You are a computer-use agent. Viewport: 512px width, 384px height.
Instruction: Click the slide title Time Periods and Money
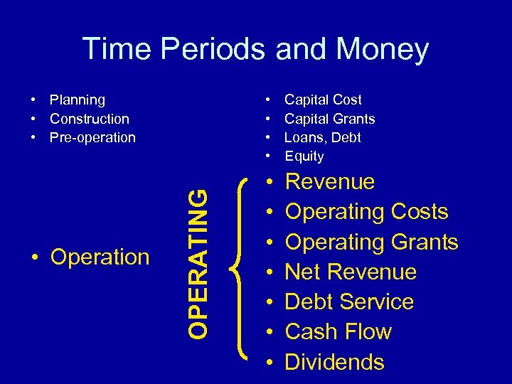click(x=255, y=49)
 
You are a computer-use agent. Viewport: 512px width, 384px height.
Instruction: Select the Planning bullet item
click(x=77, y=100)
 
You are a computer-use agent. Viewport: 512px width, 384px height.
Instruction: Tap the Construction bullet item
click(x=89, y=119)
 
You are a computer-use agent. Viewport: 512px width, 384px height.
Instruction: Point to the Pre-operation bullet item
click(x=92, y=137)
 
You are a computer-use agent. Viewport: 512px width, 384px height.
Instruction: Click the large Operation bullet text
click(x=100, y=257)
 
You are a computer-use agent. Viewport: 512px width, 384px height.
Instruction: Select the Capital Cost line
click(x=323, y=100)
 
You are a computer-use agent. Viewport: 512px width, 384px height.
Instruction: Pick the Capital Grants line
click(x=329, y=119)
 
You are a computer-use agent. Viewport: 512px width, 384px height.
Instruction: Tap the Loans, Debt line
click(x=322, y=137)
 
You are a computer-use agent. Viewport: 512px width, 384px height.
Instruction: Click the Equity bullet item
click(x=304, y=156)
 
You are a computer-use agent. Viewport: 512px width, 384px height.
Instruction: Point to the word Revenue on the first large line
click(x=329, y=182)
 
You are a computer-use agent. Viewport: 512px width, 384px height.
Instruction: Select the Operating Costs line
click(x=366, y=212)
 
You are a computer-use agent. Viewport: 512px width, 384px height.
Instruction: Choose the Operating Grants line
click(x=371, y=242)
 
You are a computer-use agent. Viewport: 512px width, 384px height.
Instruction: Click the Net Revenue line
click(x=351, y=272)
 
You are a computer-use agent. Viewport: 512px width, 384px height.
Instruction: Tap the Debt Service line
click(x=349, y=302)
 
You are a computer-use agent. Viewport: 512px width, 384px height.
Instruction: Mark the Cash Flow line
click(x=338, y=331)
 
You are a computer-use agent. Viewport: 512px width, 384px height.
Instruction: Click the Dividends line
click(x=334, y=362)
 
